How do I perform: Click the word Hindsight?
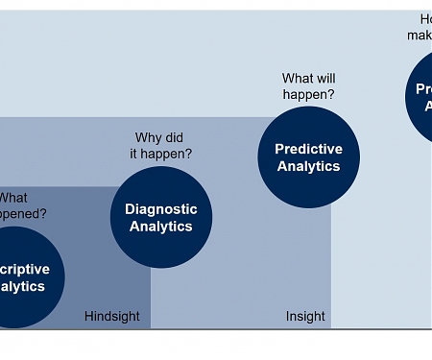(x=112, y=316)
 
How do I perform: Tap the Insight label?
(x=305, y=316)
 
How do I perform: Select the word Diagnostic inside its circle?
(x=161, y=209)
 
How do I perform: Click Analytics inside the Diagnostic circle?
(x=161, y=227)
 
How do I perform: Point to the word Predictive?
(x=308, y=149)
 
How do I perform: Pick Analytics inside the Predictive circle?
(x=308, y=166)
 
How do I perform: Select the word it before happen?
(x=135, y=154)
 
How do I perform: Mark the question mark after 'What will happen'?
(x=331, y=95)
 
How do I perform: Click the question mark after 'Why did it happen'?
(x=188, y=154)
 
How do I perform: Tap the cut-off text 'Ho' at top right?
(x=425, y=19)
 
